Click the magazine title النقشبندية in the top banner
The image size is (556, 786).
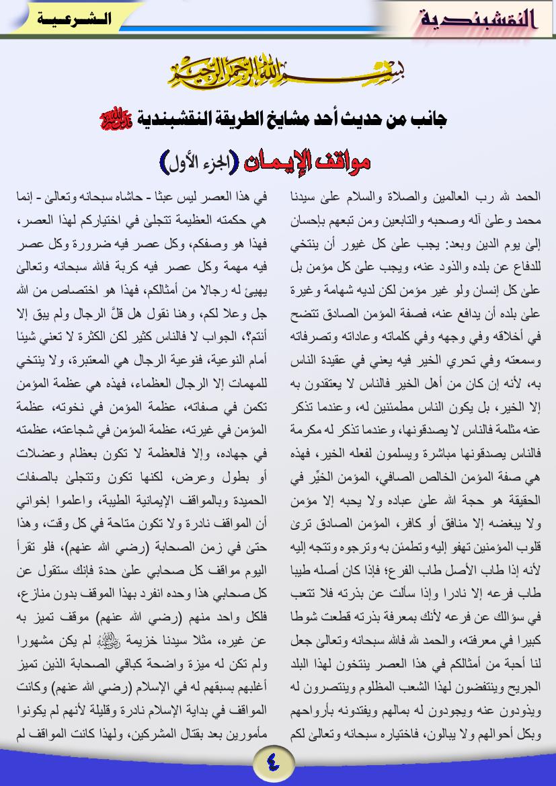479,19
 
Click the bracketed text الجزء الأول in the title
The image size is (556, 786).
195,162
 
